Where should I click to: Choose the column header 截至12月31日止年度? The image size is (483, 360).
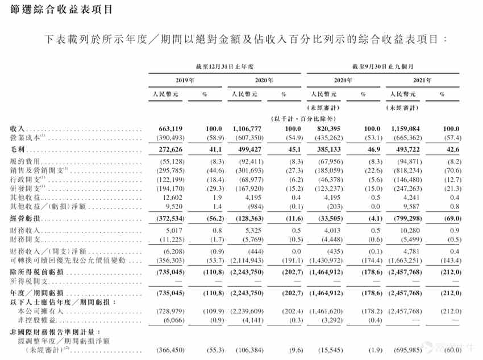click(x=223, y=67)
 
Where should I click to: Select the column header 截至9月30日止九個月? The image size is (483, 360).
click(x=381, y=67)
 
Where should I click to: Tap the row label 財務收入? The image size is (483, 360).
click(x=26, y=231)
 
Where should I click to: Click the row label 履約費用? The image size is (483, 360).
click(x=26, y=162)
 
